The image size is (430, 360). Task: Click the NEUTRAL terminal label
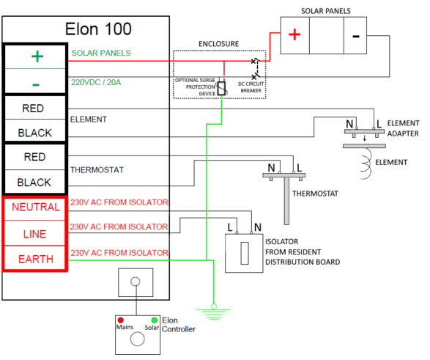click(x=35, y=207)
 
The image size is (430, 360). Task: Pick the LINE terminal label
click(x=35, y=233)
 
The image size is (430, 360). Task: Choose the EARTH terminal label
click(x=35, y=258)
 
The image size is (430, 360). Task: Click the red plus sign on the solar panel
click(x=292, y=35)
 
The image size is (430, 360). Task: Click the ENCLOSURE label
click(x=218, y=44)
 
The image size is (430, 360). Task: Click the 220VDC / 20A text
click(x=100, y=83)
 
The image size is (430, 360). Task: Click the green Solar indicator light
click(x=155, y=320)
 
